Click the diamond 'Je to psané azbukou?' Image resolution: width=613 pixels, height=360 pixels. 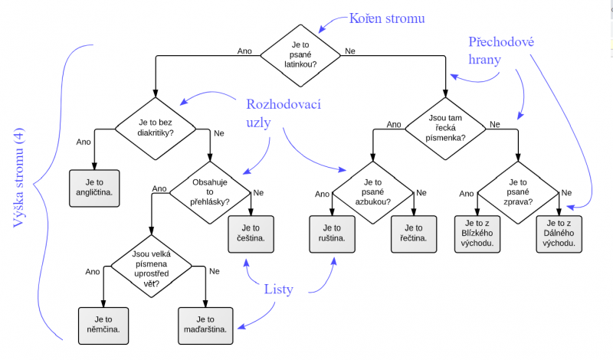click(372, 189)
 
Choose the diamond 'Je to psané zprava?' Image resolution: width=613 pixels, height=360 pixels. click(518, 189)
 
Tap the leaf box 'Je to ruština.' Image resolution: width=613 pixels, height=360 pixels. click(333, 233)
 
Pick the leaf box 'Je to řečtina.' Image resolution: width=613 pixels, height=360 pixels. click(415, 233)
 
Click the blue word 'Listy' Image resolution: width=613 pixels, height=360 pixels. click(279, 289)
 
